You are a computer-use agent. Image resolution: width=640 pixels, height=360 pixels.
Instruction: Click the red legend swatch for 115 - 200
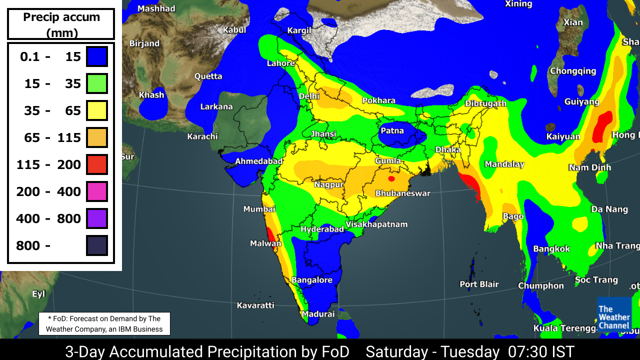tap(97, 164)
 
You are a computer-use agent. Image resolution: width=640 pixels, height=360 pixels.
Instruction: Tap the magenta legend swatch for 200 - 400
tap(97, 191)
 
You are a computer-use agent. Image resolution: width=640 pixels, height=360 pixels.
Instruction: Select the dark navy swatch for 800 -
tap(97, 245)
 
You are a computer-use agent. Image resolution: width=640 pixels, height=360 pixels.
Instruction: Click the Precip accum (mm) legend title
tap(61, 24)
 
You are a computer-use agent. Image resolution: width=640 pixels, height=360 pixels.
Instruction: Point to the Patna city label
tap(392, 131)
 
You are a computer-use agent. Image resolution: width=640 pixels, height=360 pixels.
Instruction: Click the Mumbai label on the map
tap(259, 209)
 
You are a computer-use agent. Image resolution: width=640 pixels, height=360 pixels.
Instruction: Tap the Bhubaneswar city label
tap(402, 193)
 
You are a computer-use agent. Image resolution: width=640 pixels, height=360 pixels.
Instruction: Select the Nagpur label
tap(328, 184)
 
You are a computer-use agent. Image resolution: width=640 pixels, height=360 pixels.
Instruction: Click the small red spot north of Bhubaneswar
tap(391, 178)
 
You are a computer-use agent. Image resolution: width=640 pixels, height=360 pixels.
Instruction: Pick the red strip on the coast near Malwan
tap(270, 234)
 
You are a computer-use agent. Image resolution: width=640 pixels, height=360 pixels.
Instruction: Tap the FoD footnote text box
tap(104, 324)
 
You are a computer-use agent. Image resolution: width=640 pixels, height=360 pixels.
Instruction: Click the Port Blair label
tap(479, 284)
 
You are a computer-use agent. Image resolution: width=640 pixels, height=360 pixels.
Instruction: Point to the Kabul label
tap(234, 30)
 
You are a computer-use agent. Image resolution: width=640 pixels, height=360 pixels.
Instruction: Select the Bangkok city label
tap(551, 248)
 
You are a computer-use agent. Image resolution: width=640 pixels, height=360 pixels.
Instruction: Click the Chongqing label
tap(572, 71)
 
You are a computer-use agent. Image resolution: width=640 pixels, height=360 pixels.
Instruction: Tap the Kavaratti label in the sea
tap(255, 305)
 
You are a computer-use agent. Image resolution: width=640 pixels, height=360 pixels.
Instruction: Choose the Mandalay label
tap(504, 164)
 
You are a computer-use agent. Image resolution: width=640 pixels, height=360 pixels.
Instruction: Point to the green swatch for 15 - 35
tap(97, 83)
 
